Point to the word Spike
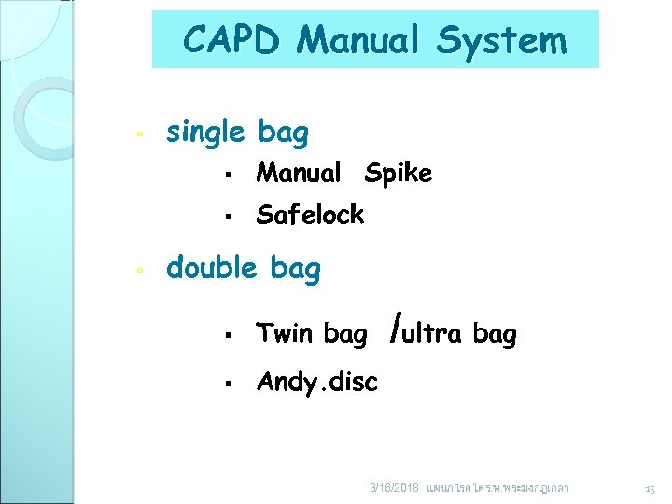399,173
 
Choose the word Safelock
310,215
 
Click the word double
211,269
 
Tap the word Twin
286,333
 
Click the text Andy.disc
316,382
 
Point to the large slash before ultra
399,329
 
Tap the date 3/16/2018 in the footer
394,489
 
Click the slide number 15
650,489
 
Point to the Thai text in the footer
497,488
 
